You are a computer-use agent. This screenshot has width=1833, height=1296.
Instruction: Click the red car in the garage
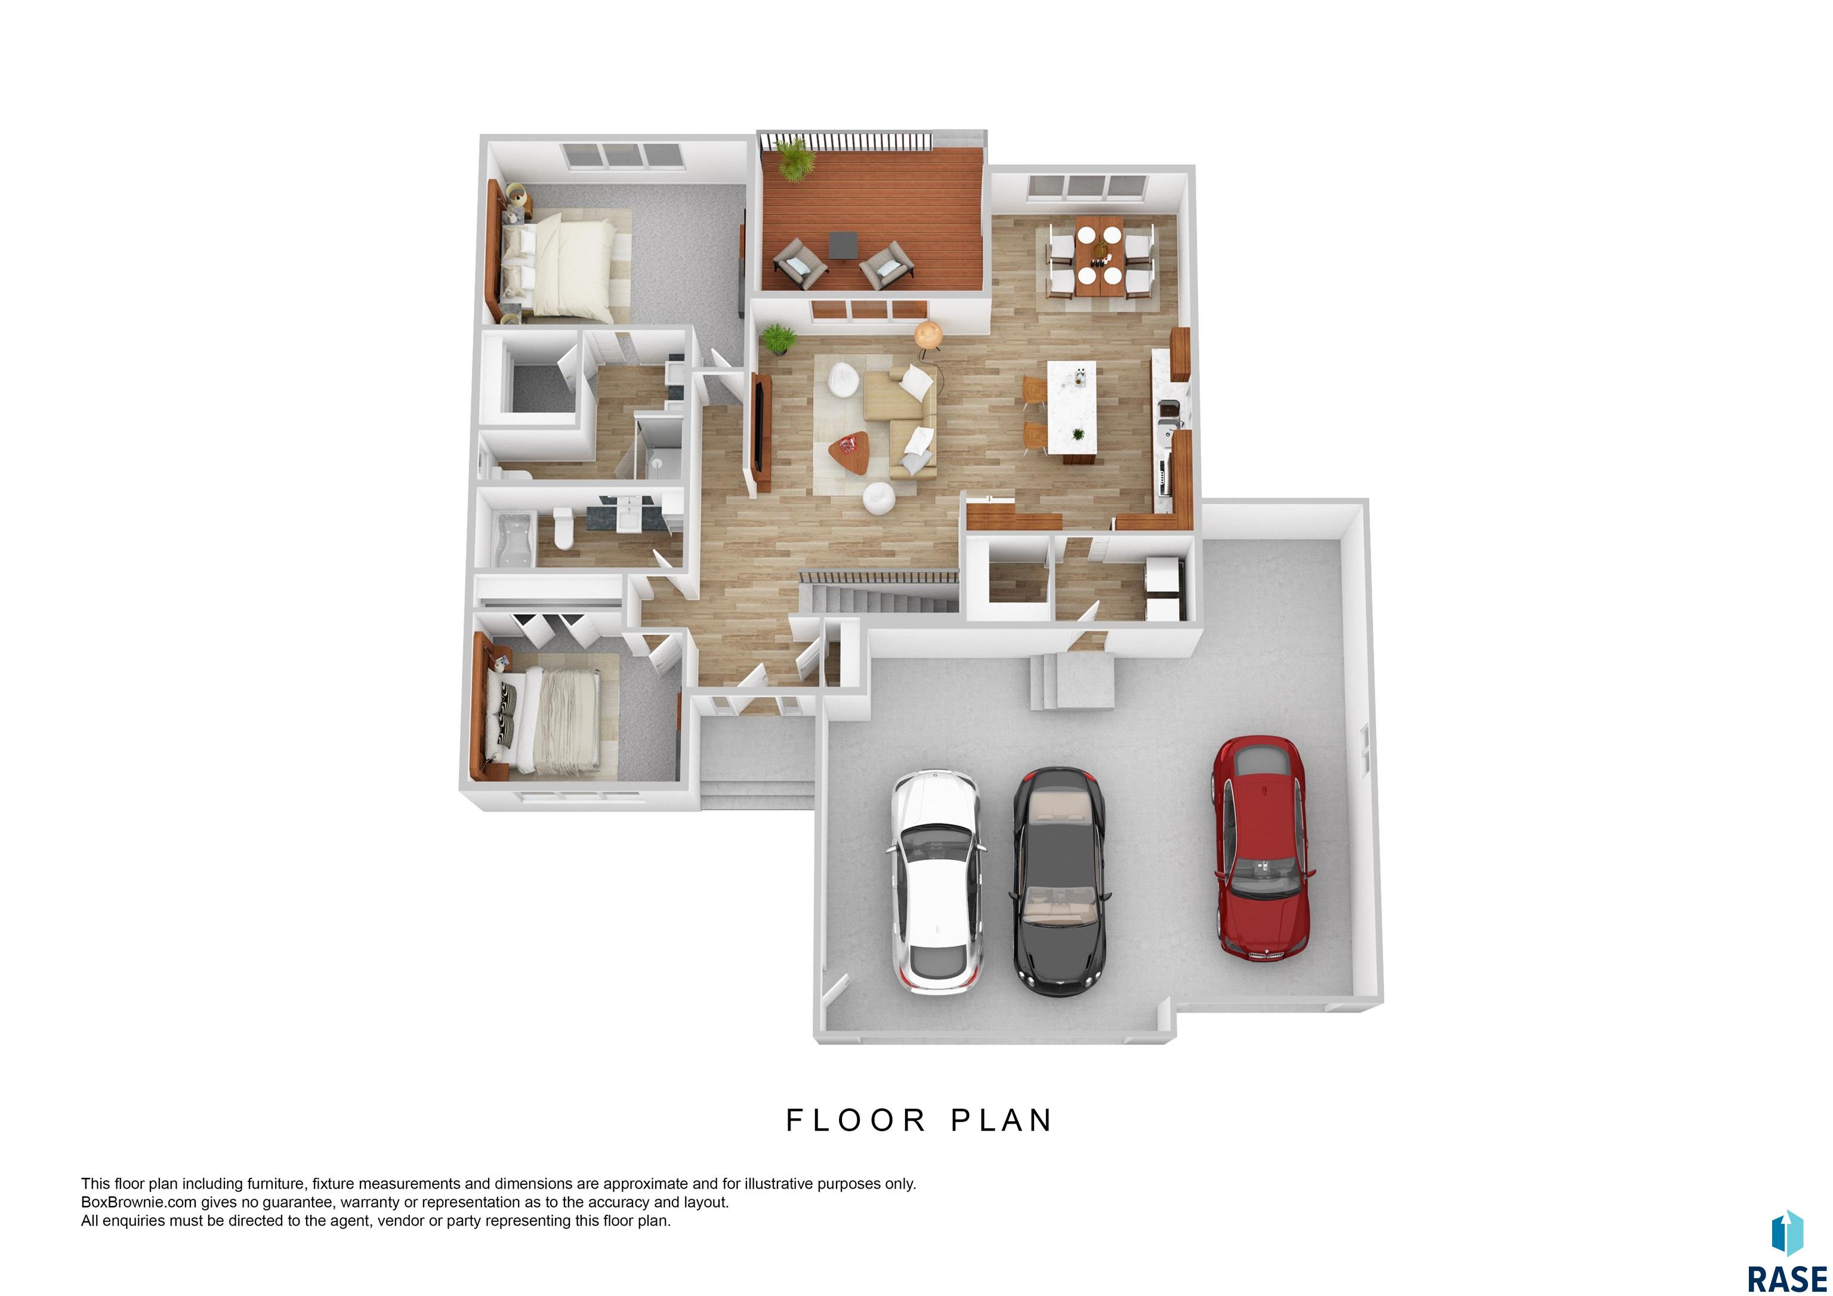1261,847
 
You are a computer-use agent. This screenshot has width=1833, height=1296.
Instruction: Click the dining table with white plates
1099,255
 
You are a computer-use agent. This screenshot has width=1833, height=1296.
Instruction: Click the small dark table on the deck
843,245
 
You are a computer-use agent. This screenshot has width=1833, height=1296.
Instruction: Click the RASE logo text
1786,1278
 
